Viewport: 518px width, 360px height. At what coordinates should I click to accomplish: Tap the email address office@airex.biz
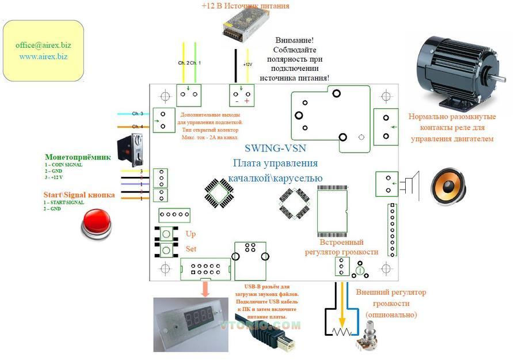point(44,45)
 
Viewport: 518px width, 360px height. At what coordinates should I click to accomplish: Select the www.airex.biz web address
point(43,56)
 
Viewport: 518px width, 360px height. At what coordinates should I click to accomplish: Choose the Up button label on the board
point(191,234)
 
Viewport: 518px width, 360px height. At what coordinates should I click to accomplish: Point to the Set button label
point(191,249)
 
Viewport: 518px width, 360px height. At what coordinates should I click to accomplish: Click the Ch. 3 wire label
point(138,114)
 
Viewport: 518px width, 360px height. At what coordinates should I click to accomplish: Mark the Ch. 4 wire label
point(138,127)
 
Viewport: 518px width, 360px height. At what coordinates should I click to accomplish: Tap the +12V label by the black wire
point(248,65)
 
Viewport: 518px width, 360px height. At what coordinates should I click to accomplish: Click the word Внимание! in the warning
point(294,41)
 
